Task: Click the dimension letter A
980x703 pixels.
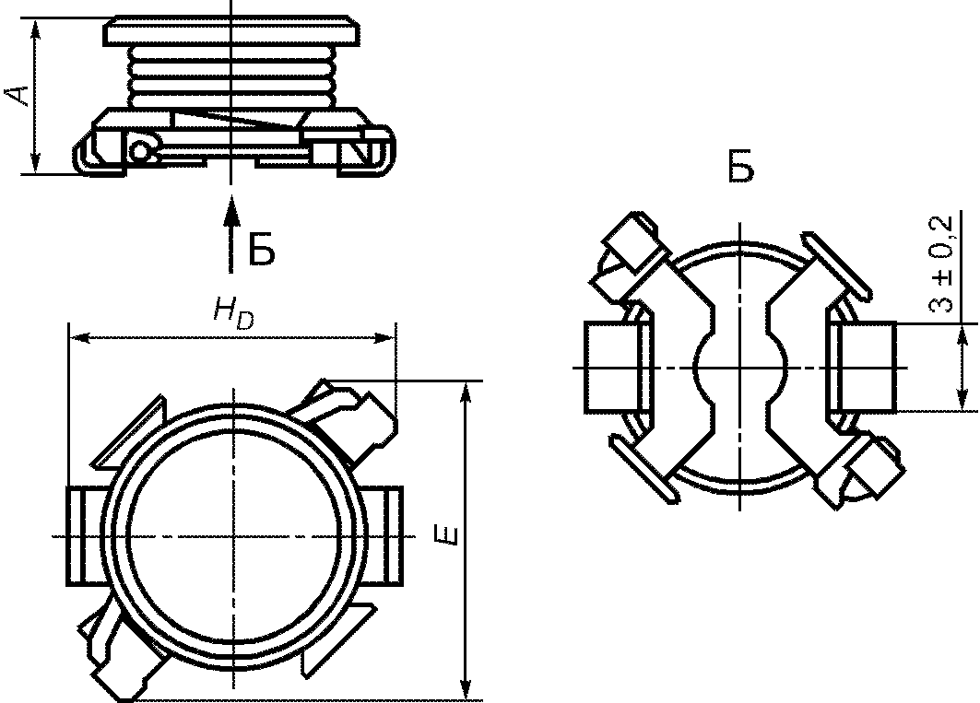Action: (18, 94)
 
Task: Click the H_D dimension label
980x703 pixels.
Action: (234, 311)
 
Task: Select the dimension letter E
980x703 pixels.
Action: (449, 536)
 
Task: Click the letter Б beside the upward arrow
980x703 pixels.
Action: (262, 250)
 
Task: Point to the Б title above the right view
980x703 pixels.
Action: (742, 166)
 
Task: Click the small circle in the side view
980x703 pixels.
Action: (141, 151)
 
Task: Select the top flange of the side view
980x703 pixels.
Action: (232, 30)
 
